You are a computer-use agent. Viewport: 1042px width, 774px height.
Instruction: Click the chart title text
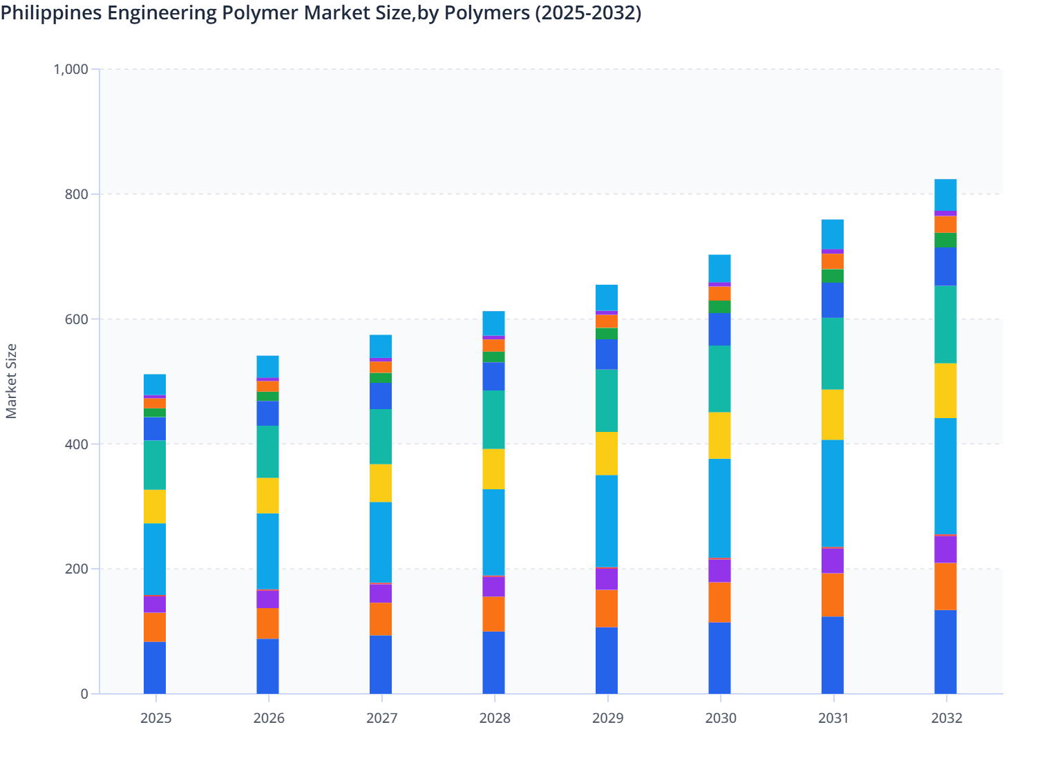pos(321,12)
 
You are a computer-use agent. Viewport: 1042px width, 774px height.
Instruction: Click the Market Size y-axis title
pos(11,381)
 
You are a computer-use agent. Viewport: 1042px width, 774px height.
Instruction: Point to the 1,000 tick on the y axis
pos(71,69)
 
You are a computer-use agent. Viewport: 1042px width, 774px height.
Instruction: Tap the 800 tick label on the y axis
pos(76,194)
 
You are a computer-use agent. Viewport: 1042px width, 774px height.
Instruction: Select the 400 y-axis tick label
pos(76,444)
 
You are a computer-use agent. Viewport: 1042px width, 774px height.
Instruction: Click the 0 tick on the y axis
pos(84,694)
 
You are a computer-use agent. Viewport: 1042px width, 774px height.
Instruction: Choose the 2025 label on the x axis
pos(155,718)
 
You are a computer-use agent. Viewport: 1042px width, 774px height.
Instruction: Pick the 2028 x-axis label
pos(495,718)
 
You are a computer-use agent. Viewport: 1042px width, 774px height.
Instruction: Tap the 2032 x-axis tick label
pos(946,718)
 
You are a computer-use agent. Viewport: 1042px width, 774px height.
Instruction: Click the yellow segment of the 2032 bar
pos(945,390)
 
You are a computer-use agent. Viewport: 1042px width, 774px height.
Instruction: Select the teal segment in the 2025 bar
pos(155,465)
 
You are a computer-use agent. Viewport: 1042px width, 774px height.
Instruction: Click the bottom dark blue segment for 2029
pos(607,660)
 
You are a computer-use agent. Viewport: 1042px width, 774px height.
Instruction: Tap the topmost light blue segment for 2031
pos(833,234)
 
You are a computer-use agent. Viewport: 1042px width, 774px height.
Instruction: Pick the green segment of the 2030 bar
pos(719,307)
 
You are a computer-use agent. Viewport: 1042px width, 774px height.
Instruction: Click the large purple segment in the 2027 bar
pos(381,594)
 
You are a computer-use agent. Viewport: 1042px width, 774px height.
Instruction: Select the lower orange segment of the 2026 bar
pos(267,623)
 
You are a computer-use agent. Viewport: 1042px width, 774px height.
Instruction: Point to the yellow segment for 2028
pos(493,469)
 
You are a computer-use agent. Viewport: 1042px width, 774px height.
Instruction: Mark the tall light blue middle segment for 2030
pos(719,508)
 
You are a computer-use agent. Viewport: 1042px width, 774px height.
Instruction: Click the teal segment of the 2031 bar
pos(833,354)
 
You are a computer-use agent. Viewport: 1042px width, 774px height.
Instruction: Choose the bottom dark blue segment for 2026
pos(267,666)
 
